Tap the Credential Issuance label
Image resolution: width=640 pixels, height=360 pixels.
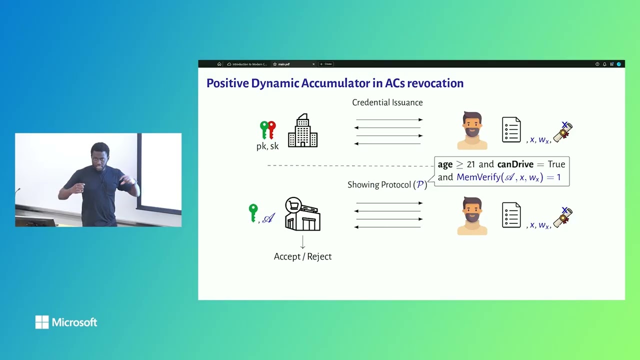387,102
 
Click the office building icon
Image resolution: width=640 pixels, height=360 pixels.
302,130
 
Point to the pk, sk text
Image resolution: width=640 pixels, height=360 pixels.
267,146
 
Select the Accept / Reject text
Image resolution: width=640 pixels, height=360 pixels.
302,256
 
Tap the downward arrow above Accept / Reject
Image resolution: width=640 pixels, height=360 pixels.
302,242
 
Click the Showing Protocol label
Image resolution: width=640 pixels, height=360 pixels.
379,185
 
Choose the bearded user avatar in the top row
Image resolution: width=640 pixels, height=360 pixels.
472,130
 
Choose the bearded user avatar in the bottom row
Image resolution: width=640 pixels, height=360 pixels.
472,215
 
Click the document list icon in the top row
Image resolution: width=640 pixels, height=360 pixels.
511,130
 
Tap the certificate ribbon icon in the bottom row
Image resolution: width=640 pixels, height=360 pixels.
562,217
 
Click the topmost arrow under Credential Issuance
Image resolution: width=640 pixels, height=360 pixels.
389,120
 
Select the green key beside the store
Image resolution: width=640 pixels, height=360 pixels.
253,212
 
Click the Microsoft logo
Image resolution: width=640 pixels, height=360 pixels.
66,322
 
